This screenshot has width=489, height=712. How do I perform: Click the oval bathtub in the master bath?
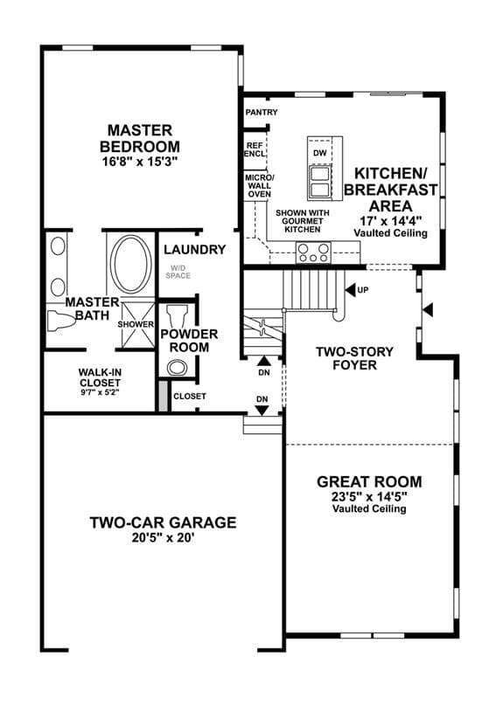click(131, 265)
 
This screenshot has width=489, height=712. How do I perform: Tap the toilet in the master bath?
click(60, 320)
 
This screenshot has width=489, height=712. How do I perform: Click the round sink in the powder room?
click(177, 367)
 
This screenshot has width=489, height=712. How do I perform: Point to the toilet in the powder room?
click(178, 314)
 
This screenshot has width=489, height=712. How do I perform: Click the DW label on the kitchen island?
click(320, 153)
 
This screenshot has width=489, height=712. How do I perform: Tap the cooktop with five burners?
click(313, 252)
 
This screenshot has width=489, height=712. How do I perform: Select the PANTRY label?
click(261, 112)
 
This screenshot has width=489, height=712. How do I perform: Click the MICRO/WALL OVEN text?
click(260, 186)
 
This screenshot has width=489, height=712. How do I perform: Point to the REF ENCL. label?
click(255, 150)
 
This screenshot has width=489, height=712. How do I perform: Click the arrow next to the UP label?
click(350, 290)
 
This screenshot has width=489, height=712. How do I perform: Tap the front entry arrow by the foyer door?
click(428, 311)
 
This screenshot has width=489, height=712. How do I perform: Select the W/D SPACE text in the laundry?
click(178, 272)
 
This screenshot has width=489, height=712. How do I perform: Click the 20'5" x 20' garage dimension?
click(164, 538)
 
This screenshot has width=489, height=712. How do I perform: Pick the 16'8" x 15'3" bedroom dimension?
click(139, 162)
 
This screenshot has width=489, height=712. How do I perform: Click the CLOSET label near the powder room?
click(190, 397)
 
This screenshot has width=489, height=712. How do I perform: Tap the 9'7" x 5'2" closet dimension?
click(100, 392)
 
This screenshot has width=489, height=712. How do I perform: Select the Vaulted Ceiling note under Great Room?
click(369, 508)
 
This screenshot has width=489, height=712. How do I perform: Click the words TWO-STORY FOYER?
click(355, 358)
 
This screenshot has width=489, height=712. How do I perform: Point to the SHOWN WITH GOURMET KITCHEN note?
click(303, 221)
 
